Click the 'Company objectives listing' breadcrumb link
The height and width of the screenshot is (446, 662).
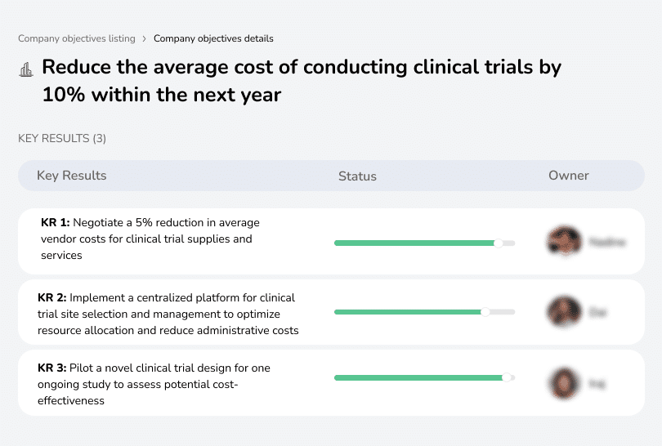77,38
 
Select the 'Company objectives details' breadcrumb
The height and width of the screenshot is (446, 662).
213,38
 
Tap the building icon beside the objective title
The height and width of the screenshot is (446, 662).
25,69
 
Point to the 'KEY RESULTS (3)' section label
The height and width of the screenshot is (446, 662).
62,139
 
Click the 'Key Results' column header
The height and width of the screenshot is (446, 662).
71,176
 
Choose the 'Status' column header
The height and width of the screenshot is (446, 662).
357,176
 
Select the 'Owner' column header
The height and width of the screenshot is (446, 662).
569,176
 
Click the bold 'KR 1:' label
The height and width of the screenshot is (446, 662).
56,222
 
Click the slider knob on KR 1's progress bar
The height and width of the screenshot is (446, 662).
499,243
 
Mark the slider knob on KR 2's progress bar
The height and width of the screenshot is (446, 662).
485,312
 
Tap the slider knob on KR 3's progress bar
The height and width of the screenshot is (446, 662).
507,377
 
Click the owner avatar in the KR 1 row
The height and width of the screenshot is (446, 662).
563,241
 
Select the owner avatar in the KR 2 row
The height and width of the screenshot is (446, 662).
563,311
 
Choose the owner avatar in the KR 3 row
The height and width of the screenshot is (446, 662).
563,381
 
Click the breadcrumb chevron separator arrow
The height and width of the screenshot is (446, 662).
145,38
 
